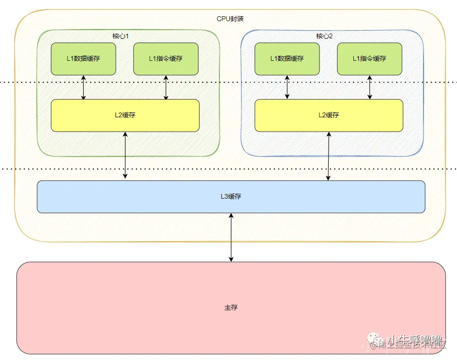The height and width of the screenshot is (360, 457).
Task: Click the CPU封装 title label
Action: [x=230, y=19]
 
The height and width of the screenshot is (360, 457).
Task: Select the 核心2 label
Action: [x=324, y=36]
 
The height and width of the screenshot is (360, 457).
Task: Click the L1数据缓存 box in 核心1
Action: [x=83, y=59]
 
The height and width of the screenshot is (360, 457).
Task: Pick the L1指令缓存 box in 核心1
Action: [x=166, y=59]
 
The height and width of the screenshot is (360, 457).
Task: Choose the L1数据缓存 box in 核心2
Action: [x=287, y=59]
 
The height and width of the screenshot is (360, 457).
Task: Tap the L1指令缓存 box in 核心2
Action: [x=369, y=59]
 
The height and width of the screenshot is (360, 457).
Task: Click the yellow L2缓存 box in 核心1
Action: [x=125, y=115]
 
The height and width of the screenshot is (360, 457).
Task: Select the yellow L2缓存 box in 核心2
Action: [x=329, y=115]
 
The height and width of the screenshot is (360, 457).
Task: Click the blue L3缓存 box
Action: [x=144, y=197]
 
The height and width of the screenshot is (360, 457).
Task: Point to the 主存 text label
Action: [x=231, y=307]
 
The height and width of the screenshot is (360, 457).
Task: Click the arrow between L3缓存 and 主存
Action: [x=231, y=237]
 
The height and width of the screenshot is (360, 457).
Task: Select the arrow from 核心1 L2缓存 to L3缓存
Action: [x=126, y=156]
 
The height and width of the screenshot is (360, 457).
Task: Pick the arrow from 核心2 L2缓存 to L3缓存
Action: [x=329, y=156]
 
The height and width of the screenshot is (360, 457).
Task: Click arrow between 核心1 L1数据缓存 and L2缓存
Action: [x=84, y=87]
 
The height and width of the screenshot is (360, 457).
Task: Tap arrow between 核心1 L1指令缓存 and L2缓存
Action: [x=166, y=87]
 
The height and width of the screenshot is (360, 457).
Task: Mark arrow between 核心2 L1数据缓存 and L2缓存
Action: [x=287, y=87]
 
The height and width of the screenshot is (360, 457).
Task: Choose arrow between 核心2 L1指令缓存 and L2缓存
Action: [x=370, y=87]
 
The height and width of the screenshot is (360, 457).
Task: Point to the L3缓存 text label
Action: [x=231, y=197]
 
